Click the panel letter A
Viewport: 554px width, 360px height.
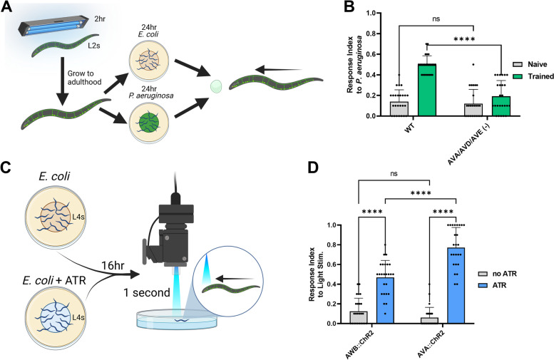(6, 7)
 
